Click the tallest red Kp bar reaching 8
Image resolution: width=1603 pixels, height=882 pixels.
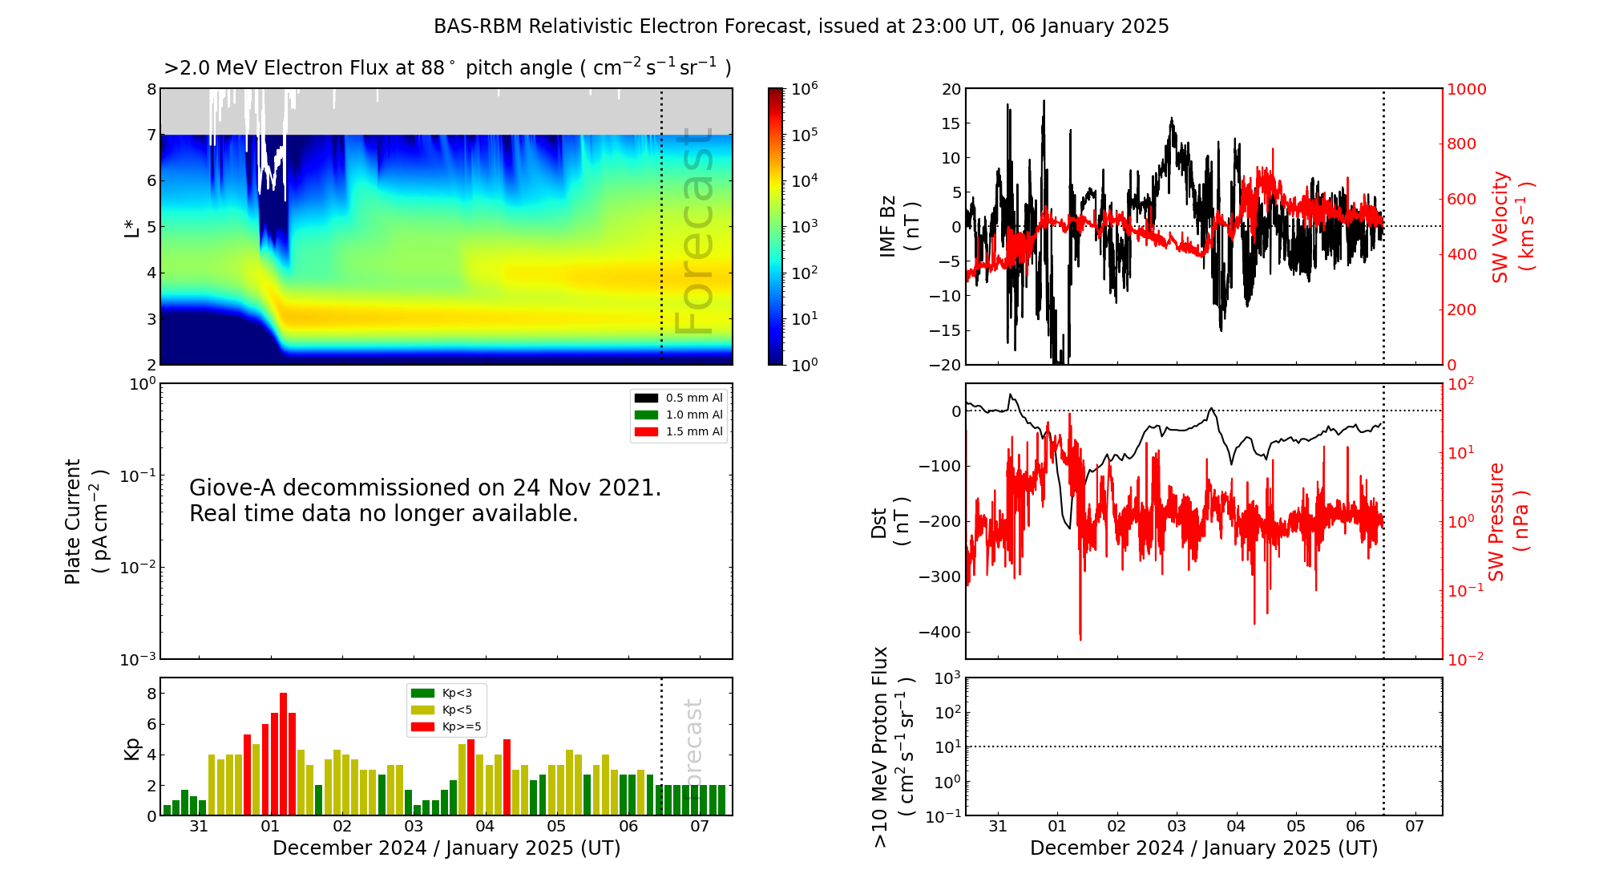point(283,754)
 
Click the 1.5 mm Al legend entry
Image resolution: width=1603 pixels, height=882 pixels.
point(678,431)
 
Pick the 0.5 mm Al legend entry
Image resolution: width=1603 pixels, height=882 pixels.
point(678,398)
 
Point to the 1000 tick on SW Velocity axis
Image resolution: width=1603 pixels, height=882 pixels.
point(1466,89)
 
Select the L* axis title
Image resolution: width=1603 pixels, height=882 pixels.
point(131,227)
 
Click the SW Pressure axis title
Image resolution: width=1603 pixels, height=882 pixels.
point(1508,521)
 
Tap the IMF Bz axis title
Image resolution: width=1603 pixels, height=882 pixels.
point(898,226)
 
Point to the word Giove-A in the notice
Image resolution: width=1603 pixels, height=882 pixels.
point(232,488)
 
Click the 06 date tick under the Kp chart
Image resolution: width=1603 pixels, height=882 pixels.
point(628,826)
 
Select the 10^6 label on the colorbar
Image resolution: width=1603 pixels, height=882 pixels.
point(805,88)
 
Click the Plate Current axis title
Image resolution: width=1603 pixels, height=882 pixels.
point(85,521)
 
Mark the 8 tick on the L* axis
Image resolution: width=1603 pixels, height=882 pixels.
point(151,89)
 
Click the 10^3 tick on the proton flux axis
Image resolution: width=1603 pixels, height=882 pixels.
point(948,678)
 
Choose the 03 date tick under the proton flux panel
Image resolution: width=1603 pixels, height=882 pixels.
point(1177,826)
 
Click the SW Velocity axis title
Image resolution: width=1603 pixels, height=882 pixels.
point(1511,226)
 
